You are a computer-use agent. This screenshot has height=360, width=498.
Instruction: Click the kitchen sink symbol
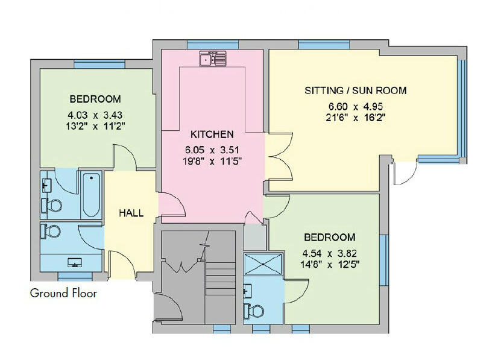tap(212, 58)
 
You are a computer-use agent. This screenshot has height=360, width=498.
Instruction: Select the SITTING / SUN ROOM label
tap(355, 91)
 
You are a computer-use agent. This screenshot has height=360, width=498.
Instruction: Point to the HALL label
tap(131, 213)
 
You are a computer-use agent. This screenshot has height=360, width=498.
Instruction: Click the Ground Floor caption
tap(63, 294)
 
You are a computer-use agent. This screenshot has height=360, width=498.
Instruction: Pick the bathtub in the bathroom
tap(91, 195)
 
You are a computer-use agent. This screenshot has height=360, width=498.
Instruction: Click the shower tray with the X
tap(263, 264)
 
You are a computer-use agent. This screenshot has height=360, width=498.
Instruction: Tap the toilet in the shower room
tap(254, 310)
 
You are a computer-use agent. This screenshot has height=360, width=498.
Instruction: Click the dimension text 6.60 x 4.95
tap(355, 107)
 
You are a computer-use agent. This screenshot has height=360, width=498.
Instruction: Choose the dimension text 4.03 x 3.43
tap(95, 115)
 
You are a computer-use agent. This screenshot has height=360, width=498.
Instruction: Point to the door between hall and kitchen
tap(172, 205)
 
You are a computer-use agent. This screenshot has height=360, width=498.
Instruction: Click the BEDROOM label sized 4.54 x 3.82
tap(329, 237)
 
